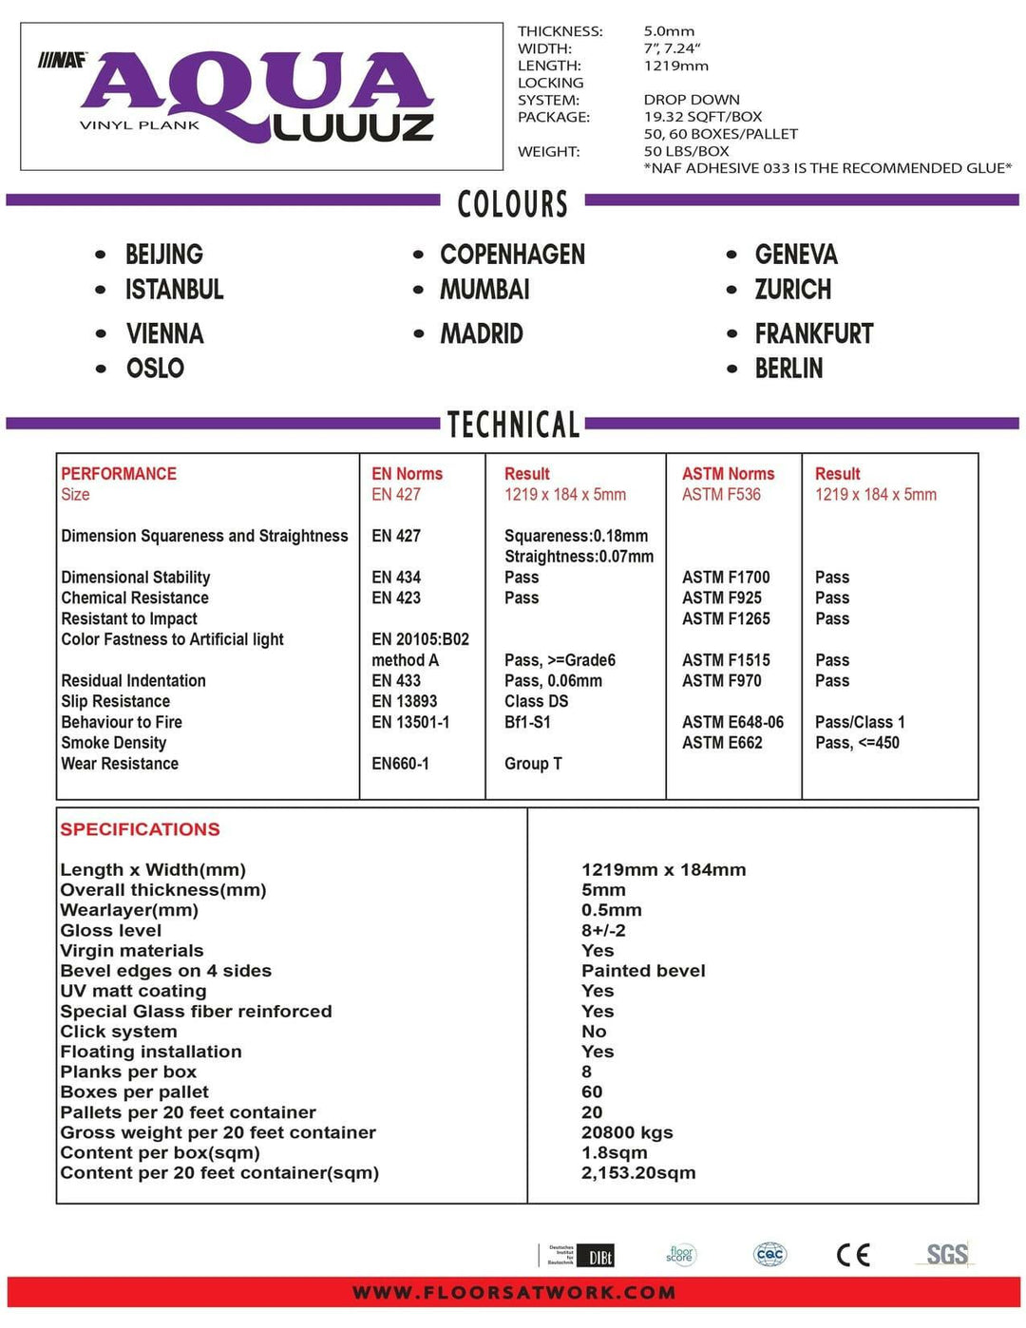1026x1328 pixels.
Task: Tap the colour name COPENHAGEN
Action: [512, 255]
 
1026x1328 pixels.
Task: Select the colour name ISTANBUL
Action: [175, 290]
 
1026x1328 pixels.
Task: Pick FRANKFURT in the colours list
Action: [813, 334]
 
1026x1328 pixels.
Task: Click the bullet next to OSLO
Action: [101, 369]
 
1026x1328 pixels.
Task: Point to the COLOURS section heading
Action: [512, 204]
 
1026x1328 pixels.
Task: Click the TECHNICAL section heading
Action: [513, 425]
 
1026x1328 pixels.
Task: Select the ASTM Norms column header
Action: [728, 474]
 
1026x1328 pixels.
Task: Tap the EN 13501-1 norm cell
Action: [410, 722]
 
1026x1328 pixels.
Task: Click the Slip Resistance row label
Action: [116, 701]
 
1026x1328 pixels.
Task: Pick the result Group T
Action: [533, 764]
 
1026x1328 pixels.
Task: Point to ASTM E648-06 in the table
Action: [732, 722]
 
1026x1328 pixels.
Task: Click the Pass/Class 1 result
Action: [860, 722]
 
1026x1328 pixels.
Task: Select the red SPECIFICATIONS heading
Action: [140, 829]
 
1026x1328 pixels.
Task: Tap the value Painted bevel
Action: [643, 971]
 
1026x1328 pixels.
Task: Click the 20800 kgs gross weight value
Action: [627, 1132]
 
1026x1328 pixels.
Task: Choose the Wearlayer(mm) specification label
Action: [129, 910]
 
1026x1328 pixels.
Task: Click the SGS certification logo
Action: [947, 1255]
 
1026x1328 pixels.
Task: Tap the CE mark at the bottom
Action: [853, 1255]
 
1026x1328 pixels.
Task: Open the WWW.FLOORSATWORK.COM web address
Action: [514, 1292]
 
